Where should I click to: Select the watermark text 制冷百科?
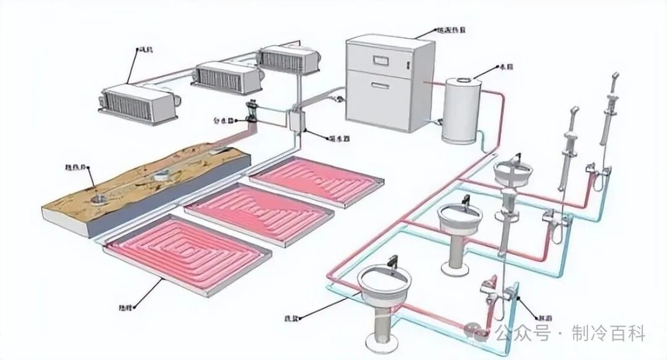[608, 334]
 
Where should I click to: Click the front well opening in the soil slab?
[97, 199]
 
